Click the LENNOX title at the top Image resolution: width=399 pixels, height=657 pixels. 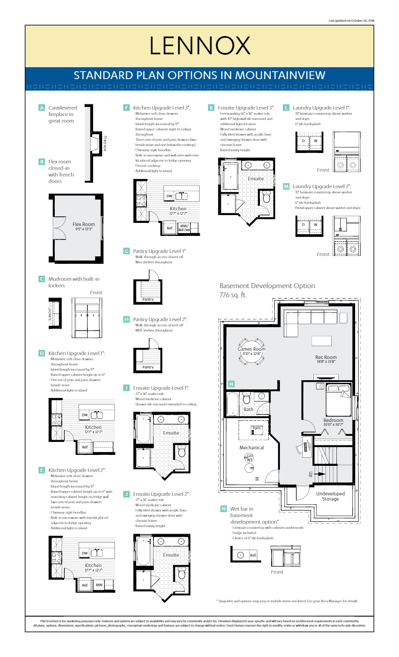[x=199, y=46]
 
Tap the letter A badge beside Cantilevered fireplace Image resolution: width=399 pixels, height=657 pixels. [x=42, y=108]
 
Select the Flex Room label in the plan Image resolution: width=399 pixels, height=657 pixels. [x=83, y=225]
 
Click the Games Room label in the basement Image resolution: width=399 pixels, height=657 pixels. [x=251, y=349]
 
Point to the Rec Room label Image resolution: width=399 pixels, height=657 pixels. [x=326, y=357]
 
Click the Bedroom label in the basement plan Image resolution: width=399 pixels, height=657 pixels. [x=333, y=420]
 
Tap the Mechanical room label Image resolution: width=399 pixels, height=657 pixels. [x=252, y=448]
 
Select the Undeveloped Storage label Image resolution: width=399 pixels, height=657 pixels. [x=330, y=496]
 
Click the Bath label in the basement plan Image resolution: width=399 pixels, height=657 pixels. [x=248, y=409]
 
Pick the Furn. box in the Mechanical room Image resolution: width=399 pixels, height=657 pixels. [x=257, y=428]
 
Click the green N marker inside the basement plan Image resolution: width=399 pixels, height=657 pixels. [x=231, y=384]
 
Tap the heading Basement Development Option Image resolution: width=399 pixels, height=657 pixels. [x=267, y=286]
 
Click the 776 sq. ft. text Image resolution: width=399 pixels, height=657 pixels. [x=233, y=295]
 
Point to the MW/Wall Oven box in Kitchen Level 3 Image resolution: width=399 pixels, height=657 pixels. [x=184, y=228]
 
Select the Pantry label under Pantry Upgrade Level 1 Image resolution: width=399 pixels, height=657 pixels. [x=148, y=299]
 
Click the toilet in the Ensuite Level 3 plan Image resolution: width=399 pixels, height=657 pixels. [x=266, y=198]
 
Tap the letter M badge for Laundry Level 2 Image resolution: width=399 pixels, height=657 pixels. [x=286, y=186]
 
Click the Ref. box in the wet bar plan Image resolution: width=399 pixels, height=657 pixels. [x=253, y=555]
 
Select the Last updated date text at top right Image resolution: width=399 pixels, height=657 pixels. [x=351, y=20]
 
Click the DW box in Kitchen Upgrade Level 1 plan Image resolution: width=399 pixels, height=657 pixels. [x=84, y=415]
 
